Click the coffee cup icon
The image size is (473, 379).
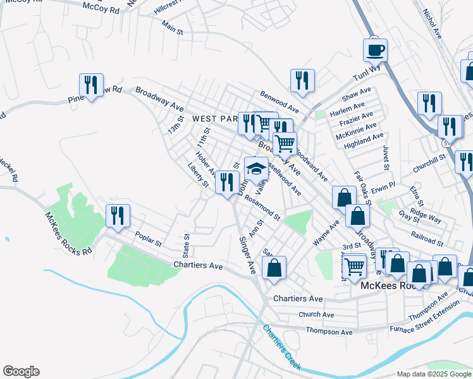pos(374,49)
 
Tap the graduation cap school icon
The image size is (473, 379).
pos(255,168)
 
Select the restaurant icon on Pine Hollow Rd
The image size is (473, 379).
pos(91,85)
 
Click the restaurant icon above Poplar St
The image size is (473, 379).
pos(118,215)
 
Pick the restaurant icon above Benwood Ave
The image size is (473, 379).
pos(303,80)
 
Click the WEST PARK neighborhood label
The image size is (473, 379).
pos(213,118)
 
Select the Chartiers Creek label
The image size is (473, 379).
pos(283,348)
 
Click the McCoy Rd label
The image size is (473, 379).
pos(101,8)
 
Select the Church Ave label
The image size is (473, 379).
pos(316,315)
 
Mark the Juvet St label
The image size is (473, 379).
pos(384,158)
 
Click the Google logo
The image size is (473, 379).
pos(21,371)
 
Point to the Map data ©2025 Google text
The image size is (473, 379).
pos(434,374)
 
